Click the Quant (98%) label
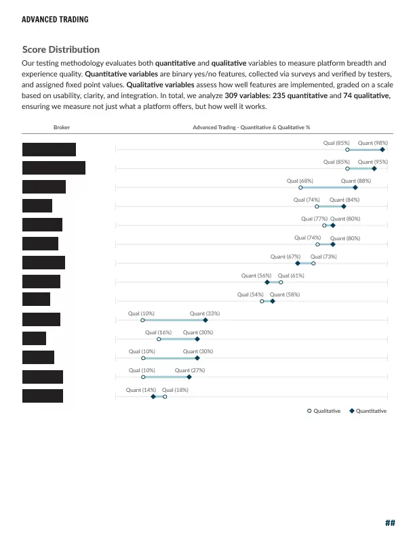pyautogui.click(x=373, y=143)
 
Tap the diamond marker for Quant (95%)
pyautogui.click(x=374, y=169)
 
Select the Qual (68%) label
pyautogui.click(x=300, y=181)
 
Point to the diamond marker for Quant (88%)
pyautogui.click(x=355, y=187)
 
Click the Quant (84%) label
pyautogui.click(x=344, y=200)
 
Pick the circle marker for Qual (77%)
pyautogui.click(x=324, y=225)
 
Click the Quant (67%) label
pyautogui.click(x=285, y=257)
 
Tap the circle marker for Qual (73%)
pyautogui.click(x=313, y=263)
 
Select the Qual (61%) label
pyautogui.click(x=291, y=276)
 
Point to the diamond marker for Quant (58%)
pyautogui.click(x=273, y=301)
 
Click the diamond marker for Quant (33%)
pyautogui.click(x=205, y=320)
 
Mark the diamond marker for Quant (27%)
pyautogui.click(x=189, y=377)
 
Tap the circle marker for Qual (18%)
pyautogui.click(x=165, y=396)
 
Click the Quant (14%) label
pyautogui.click(x=141, y=390)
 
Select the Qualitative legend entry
pyautogui.click(x=323, y=411)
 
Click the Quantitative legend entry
pyautogui.click(x=368, y=411)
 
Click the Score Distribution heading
pyautogui.click(x=60, y=49)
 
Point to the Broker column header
pyautogui.click(x=61, y=127)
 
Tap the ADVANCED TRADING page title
pyautogui.click(x=55, y=20)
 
